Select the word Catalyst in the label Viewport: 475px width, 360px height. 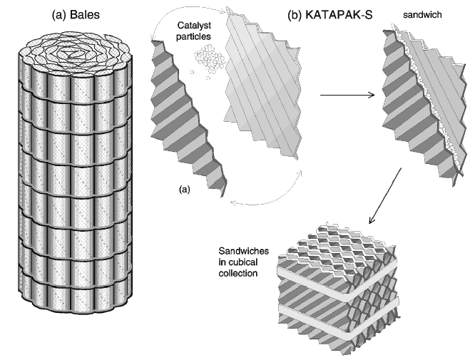click(x=193, y=27)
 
